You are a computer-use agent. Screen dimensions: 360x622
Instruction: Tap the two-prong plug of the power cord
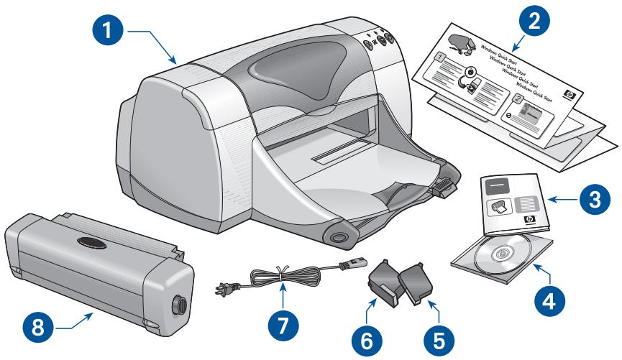coord(220,289)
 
